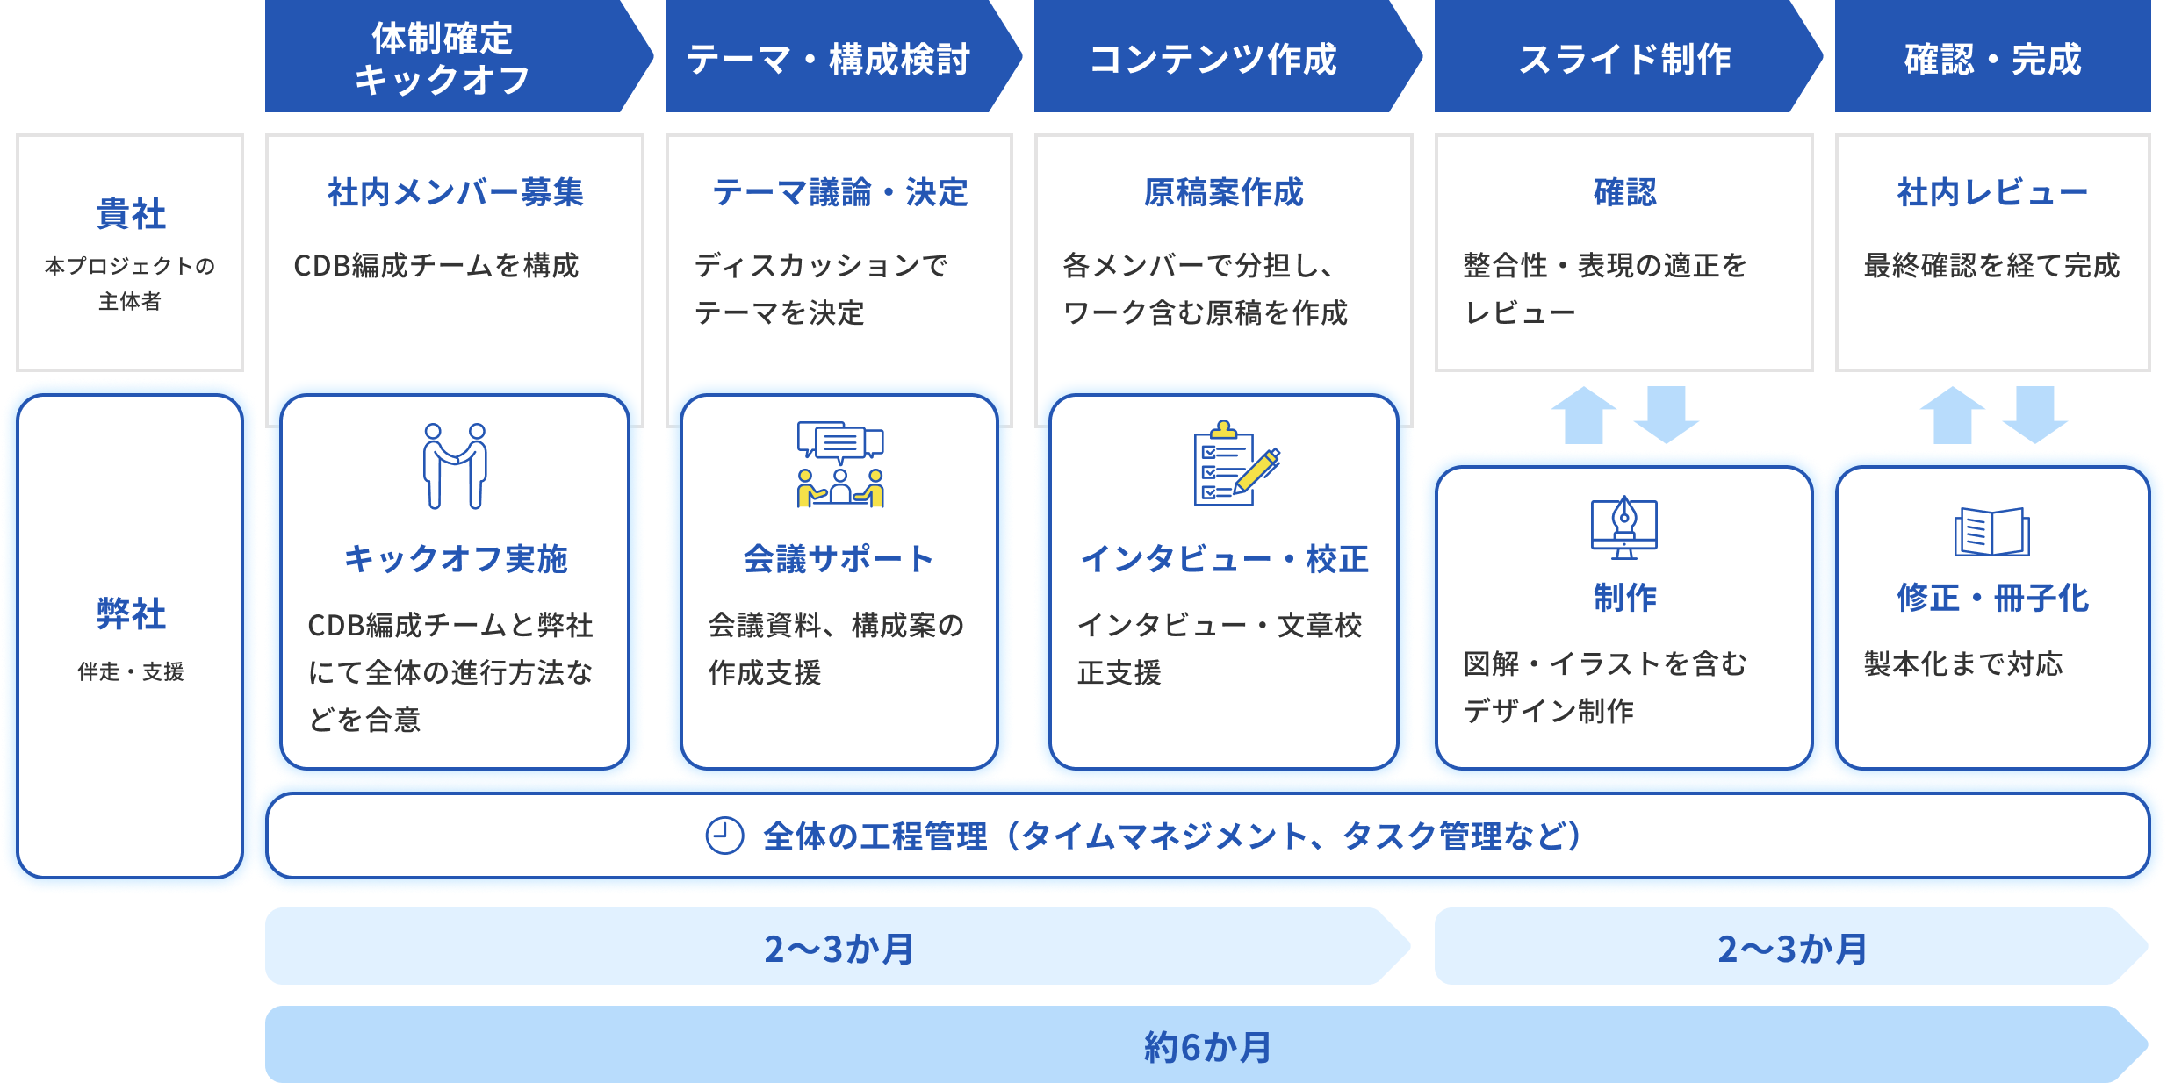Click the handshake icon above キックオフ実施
pos(455,466)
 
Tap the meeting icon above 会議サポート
pos(840,464)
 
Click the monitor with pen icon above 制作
pos(1624,528)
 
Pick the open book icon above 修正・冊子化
pos(1991,532)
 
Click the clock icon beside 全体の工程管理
pos(724,836)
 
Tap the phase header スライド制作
pos(1624,59)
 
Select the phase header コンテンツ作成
pos(1213,59)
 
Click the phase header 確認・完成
pos(1992,59)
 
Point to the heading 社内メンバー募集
pos(455,192)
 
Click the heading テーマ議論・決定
pos(839,192)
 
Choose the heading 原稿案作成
pos(1223,192)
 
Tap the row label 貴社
pos(130,213)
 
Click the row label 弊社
pos(130,613)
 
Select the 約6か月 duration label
pos(1207,1046)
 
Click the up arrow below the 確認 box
pos(1583,414)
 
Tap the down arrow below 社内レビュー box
pos(2034,414)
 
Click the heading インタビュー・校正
pos(1223,558)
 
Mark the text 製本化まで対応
pos(1963,663)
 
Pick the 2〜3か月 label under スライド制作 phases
pos(1791,948)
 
